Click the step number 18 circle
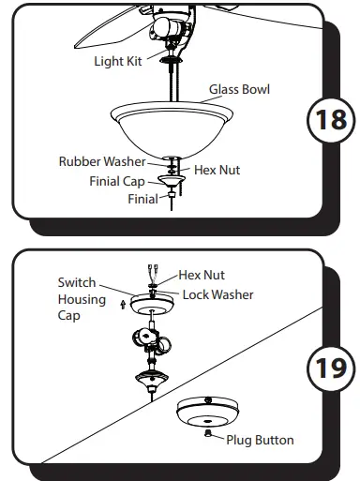tap(329, 121)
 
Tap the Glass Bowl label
tap(239, 90)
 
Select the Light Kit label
tap(118, 62)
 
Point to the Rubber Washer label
tap(102, 161)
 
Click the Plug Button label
tap(260, 440)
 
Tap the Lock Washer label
tap(217, 294)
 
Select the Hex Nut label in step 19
tap(201, 277)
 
